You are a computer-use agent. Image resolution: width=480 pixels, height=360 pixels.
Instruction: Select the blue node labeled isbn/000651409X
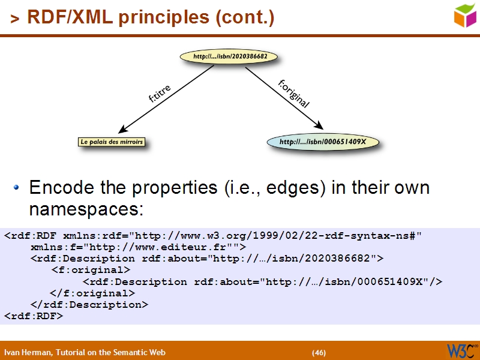click(323, 142)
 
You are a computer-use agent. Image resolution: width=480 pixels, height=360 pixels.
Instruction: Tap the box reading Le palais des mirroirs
click(112, 142)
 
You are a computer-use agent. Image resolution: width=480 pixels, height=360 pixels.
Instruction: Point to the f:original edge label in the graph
click(294, 94)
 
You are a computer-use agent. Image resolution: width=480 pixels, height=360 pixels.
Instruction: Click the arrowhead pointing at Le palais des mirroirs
click(123, 130)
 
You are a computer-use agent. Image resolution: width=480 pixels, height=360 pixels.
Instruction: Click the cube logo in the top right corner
click(464, 16)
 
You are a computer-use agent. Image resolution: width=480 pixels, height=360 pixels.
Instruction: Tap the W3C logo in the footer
click(461, 350)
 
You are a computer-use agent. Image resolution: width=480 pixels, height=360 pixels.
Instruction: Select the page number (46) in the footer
click(319, 352)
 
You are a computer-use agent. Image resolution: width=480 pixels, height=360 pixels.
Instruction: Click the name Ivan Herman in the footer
click(28, 352)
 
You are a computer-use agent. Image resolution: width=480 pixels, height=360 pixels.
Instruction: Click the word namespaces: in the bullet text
click(86, 209)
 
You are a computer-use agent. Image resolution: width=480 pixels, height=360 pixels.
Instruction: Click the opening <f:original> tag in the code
click(91, 270)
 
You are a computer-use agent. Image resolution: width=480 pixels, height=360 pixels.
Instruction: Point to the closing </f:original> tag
click(92, 293)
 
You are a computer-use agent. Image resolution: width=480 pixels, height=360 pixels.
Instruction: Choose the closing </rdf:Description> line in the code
click(89, 304)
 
